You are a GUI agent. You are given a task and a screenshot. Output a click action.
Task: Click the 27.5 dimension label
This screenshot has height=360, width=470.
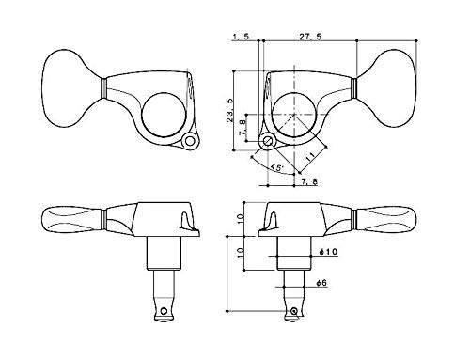[310, 37]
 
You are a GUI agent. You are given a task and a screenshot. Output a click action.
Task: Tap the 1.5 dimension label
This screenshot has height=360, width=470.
[241, 37]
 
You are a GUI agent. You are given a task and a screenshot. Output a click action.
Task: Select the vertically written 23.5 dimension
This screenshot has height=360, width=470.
[230, 110]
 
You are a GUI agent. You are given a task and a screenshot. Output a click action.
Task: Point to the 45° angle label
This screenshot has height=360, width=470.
[276, 166]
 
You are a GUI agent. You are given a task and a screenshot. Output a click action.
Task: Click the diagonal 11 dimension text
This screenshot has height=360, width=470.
[310, 156]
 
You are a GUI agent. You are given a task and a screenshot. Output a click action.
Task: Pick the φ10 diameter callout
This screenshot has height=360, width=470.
[328, 252]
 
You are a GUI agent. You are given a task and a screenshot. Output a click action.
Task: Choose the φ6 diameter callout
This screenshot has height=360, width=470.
[321, 283]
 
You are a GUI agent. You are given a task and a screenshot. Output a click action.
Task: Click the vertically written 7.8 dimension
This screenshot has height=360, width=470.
[243, 128]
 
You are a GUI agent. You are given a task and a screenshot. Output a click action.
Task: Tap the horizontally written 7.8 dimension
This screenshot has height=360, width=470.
[309, 181]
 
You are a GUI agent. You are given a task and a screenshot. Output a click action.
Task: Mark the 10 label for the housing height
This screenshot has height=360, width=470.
[241, 218]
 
